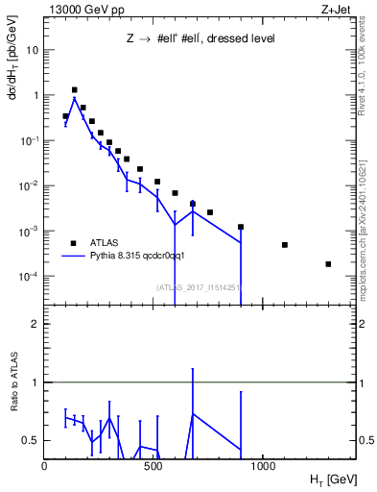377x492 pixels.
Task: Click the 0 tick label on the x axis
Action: pos(44,466)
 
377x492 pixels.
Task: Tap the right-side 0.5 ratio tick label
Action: pos(365,440)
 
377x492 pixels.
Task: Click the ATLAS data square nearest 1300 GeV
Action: pos(328,264)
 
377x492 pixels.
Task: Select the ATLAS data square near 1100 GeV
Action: pos(285,245)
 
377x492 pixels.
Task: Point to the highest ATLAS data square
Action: pos(75,89)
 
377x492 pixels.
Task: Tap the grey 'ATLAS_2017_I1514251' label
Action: pos(198,286)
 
